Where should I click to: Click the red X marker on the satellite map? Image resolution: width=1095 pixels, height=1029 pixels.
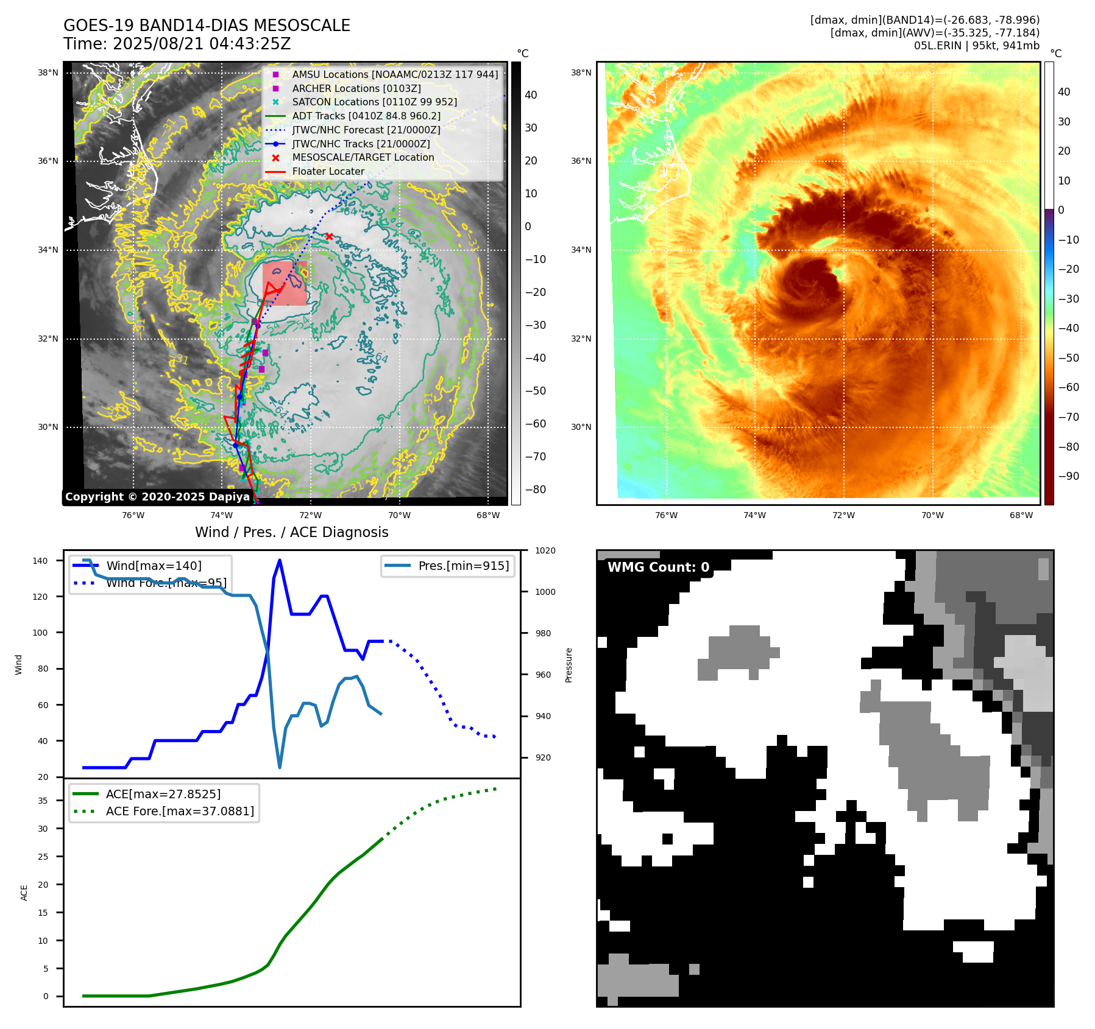(x=329, y=236)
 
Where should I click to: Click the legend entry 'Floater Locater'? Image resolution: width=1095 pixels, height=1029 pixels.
(x=328, y=172)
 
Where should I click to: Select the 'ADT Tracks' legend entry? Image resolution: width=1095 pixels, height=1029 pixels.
(x=366, y=116)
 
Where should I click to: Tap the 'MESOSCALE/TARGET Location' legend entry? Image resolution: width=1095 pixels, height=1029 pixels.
(x=363, y=158)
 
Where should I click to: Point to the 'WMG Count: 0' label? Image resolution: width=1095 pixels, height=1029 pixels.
(x=658, y=567)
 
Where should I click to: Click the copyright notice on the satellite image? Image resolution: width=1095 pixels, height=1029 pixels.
(x=157, y=497)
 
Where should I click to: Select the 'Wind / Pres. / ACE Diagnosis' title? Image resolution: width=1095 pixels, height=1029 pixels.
(x=291, y=532)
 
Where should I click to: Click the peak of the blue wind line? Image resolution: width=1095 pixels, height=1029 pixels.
(x=280, y=560)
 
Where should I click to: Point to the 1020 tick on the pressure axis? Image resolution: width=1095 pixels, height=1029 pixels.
(x=545, y=551)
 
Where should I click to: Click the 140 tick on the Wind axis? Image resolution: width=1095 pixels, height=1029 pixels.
(x=40, y=561)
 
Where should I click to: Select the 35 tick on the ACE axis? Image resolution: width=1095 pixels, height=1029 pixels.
(x=43, y=801)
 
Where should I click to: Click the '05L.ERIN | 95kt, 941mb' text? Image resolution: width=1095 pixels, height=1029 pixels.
(x=976, y=46)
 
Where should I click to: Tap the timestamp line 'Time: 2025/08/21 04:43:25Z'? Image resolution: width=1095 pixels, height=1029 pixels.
(x=177, y=44)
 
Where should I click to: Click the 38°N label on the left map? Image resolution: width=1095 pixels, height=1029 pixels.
(x=48, y=73)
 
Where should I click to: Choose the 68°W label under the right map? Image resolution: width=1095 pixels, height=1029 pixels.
(x=1021, y=515)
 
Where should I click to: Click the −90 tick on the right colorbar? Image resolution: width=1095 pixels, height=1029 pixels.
(x=1068, y=476)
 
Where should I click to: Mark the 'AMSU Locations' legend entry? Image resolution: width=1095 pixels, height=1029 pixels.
(x=394, y=74)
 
